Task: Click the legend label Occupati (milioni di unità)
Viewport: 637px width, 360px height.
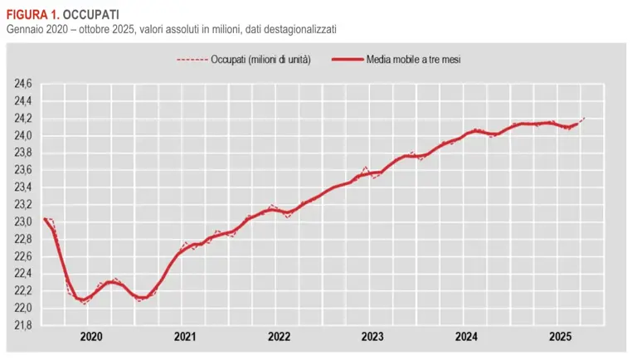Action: click(x=261, y=60)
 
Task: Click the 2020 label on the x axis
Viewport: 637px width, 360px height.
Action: click(x=91, y=337)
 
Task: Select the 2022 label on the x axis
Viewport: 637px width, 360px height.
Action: click(x=279, y=337)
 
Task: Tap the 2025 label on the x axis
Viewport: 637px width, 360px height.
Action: click(x=561, y=337)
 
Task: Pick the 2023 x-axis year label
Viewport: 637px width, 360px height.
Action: click(x=372, y=337)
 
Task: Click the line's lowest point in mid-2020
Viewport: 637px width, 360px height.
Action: click(x=83, y=302)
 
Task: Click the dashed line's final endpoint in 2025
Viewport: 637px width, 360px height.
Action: click(x=585, y=119)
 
